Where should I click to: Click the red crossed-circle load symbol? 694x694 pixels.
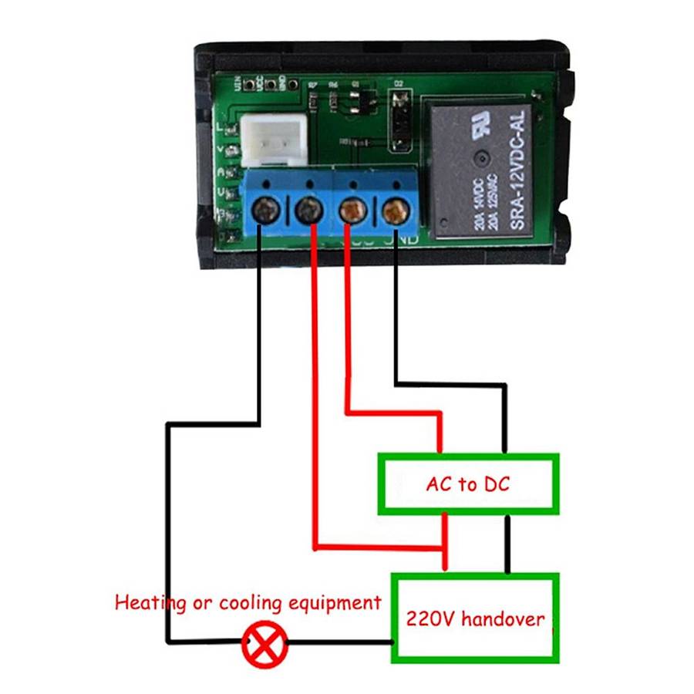click(264, 643)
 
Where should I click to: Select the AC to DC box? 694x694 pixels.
click(467, 484)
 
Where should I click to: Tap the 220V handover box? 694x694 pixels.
click(475, 618)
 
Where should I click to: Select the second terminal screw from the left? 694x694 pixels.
click(308, 207)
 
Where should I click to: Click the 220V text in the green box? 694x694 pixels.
click(432, 618)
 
